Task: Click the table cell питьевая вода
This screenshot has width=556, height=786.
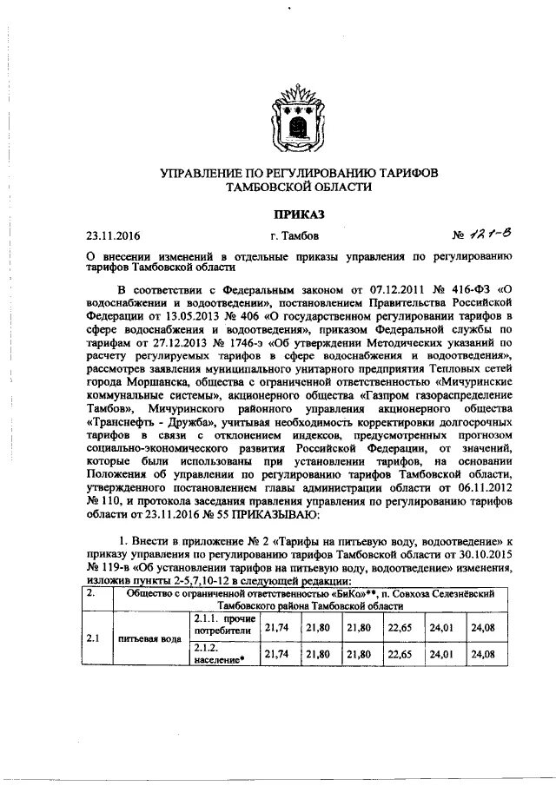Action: (157, 638)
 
